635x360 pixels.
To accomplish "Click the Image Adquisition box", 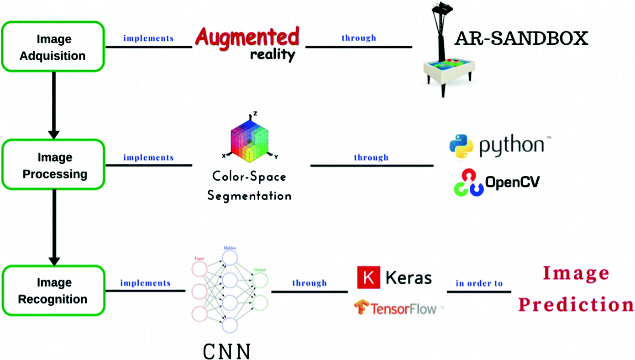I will point(53,47).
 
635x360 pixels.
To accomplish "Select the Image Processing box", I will point(53,165).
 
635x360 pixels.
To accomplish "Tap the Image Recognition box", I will point(53,291).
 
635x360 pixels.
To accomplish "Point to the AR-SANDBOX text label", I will point(521,39).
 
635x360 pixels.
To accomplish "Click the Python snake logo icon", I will point(461,146).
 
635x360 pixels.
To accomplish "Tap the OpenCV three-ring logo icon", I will point(468,183).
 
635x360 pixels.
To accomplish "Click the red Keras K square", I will point(368,277).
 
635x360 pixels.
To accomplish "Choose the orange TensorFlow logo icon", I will point(362,308).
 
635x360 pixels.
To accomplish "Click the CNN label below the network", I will point(226,352).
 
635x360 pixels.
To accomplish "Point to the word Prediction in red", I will point(576,304).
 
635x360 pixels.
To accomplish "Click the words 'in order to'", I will point(479,283).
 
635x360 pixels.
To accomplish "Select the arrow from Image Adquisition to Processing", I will point(54,105).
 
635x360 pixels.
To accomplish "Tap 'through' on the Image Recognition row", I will point(310,283).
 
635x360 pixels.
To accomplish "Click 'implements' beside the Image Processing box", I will point(148,158).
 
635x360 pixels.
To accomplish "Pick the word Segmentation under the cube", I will point(249,196).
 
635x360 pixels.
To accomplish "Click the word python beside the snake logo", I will point(511,145).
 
